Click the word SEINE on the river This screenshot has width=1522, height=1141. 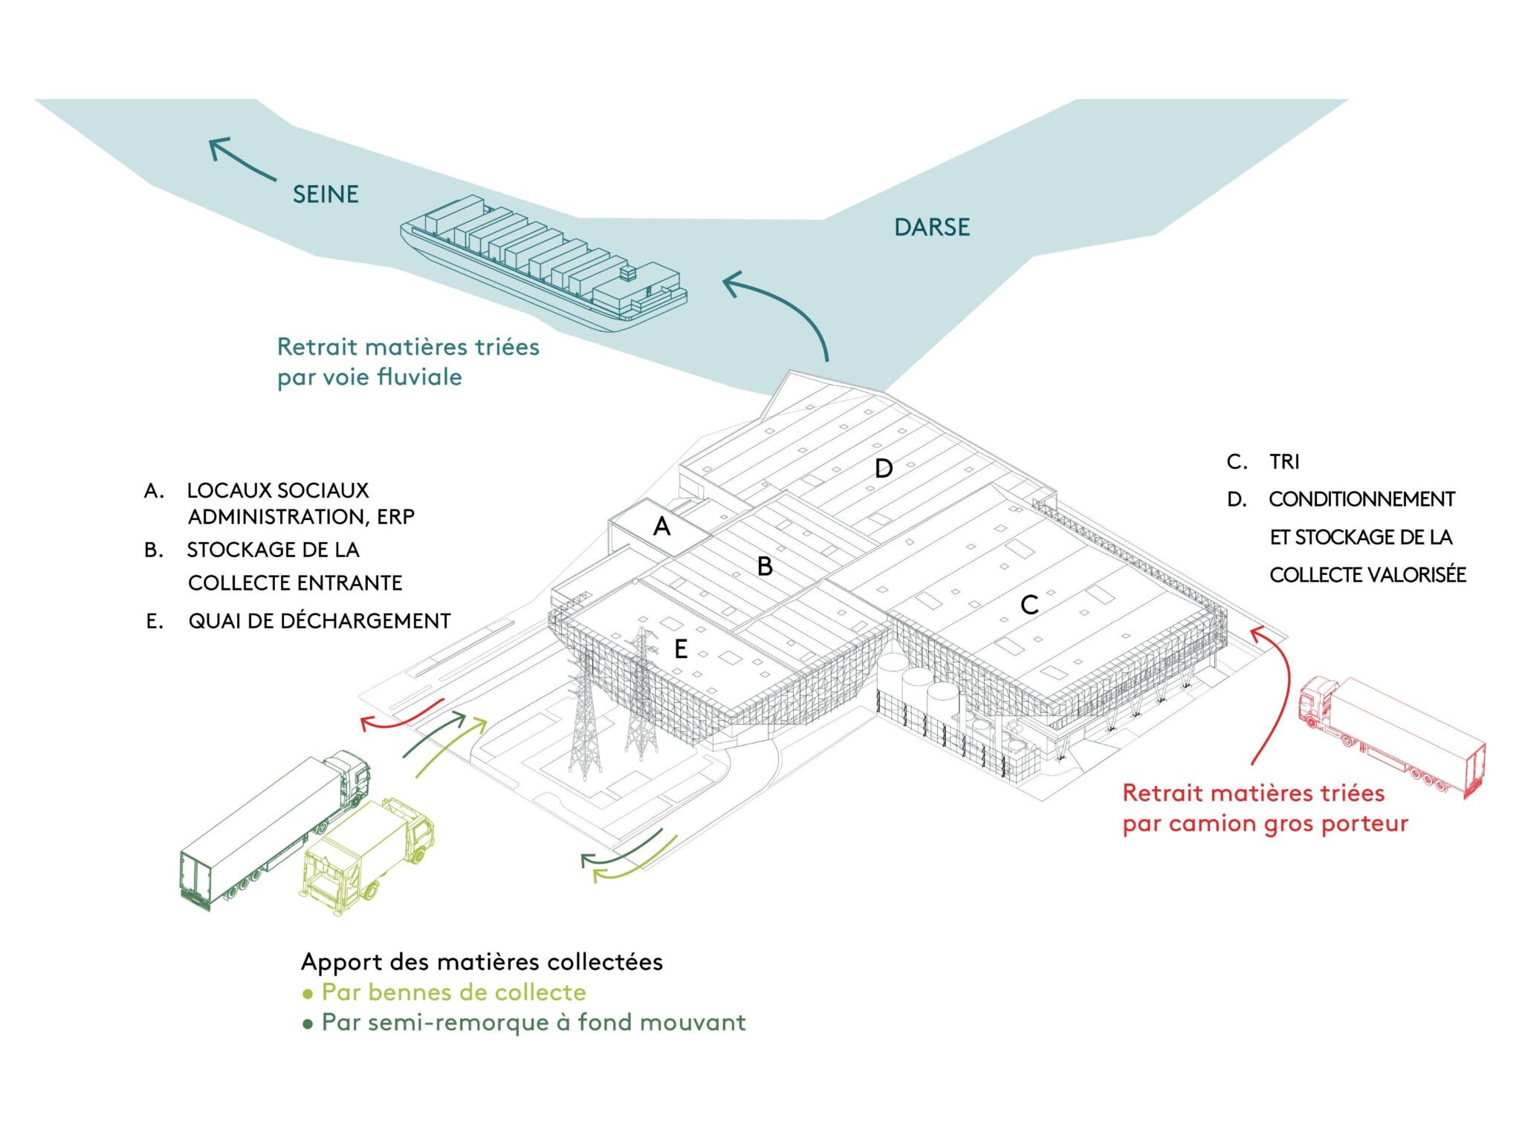tap(326, 195)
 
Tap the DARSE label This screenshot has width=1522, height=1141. tap(932, 227)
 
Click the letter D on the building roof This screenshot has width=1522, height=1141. tap(883, 469)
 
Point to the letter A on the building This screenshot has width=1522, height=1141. tap(661, 527)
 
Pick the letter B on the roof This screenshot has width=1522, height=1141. tap(765, 567)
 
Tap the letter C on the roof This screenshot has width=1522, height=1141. tap(1029, 605)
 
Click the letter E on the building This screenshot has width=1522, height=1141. tap(681, 650)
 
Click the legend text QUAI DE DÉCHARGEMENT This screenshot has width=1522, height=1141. tap(320, 621)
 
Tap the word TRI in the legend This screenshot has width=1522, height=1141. tap(1284, 462)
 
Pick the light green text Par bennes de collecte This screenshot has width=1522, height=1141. tap(453, 992)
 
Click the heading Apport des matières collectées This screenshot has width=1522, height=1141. tap(482, 962)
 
